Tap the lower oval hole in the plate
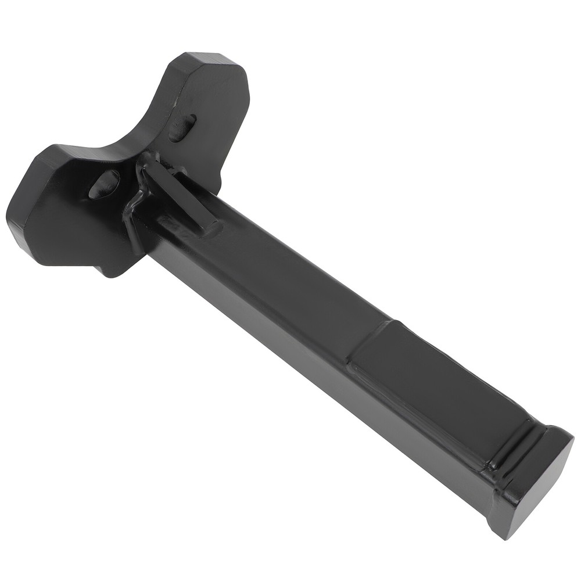click(104, 184)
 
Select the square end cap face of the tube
click(537, 477)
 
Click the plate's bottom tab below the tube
click(116, 264)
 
